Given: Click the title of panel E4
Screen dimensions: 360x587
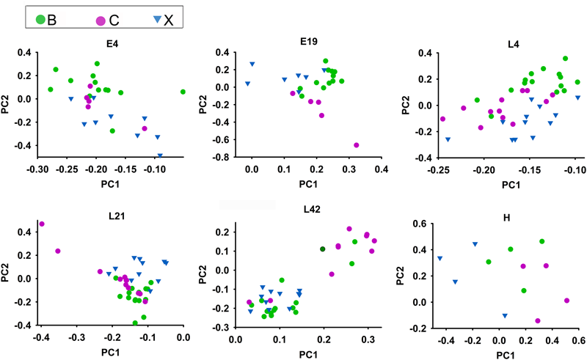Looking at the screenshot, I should (x=112, y=43).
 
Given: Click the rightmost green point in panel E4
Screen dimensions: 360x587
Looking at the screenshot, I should (x=183, y=92).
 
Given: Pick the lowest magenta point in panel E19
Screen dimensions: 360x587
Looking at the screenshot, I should (x=357, y=145).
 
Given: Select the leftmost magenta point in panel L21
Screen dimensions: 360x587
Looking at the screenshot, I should (x=42, y=224).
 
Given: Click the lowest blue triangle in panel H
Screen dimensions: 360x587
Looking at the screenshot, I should (x=504, y=316).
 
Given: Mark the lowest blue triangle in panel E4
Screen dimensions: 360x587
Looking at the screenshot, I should (x=160, y=155).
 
